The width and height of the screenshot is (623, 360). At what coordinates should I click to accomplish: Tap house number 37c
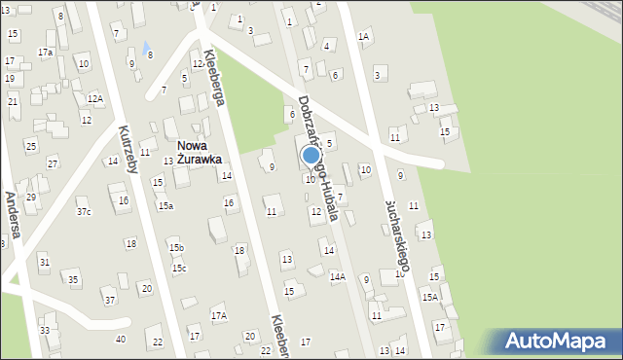[84, 212]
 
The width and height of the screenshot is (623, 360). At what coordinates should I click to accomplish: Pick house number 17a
[45, 52]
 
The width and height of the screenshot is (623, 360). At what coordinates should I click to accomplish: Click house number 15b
[176, 248]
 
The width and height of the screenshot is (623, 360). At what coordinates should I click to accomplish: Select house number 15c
[179, 269]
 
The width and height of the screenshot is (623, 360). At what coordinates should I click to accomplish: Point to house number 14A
[337, 277]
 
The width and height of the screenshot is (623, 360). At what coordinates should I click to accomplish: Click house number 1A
[363, 37]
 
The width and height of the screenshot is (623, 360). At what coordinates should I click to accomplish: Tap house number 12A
[94, 98]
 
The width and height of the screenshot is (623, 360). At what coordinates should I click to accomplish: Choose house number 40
[120, 340]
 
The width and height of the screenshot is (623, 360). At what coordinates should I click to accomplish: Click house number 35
[73, 280]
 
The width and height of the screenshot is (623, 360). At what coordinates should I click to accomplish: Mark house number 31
[44, 263]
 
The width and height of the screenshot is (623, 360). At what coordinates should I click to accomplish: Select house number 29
[31, 198]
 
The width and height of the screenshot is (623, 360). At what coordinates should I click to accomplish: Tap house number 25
[30, 147]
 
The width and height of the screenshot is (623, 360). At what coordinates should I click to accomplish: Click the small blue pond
[146, 46]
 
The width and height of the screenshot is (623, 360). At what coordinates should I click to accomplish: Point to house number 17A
[219, 316]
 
